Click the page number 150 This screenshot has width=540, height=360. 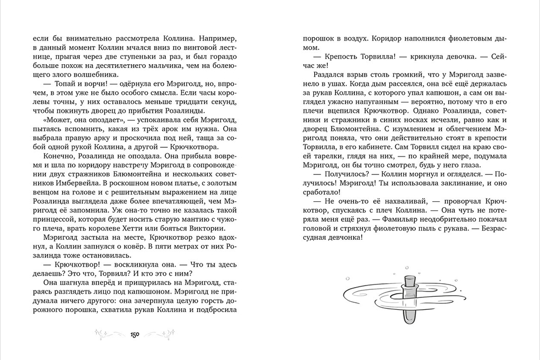[135, 335]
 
